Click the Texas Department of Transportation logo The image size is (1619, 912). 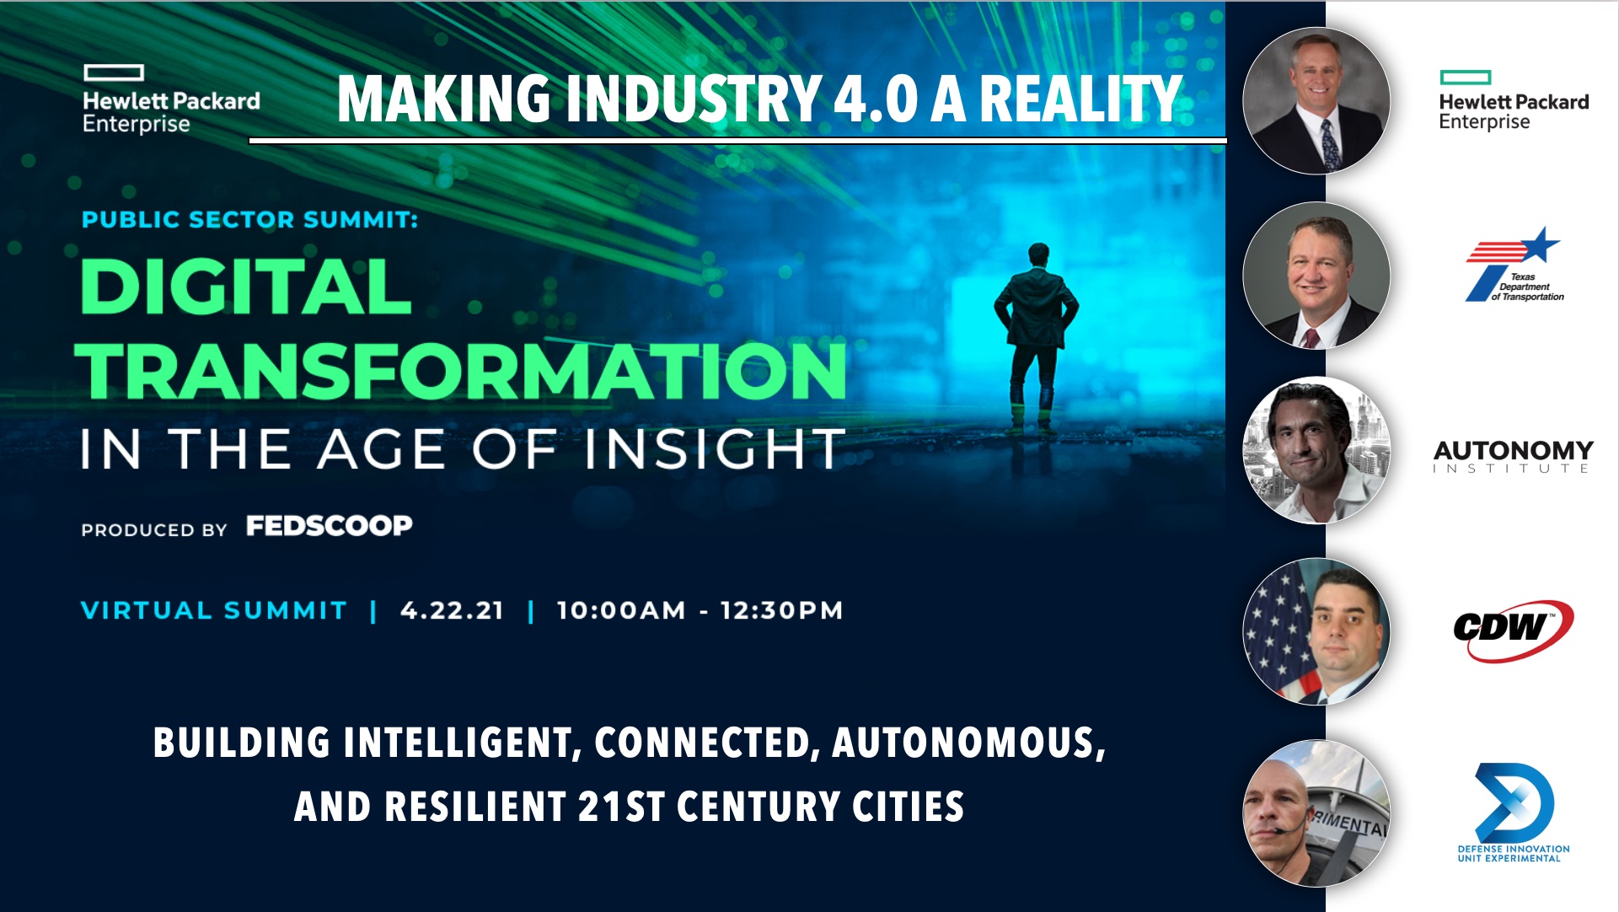[1514, 265]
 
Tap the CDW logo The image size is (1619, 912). [1513, 630]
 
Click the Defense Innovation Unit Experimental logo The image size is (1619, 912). [1514, 813]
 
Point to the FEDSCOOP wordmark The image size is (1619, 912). [330, 526]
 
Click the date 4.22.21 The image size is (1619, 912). [453, 610]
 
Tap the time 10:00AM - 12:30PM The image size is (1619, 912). [700, 610]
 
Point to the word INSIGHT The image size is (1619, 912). [715, 448]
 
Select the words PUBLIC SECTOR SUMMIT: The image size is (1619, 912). [249, 220]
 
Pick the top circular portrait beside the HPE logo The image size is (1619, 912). [1316, 101]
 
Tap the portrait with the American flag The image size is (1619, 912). [1316, 631]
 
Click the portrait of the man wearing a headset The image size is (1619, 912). [1316, 813]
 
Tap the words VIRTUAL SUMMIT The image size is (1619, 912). [214, 610]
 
